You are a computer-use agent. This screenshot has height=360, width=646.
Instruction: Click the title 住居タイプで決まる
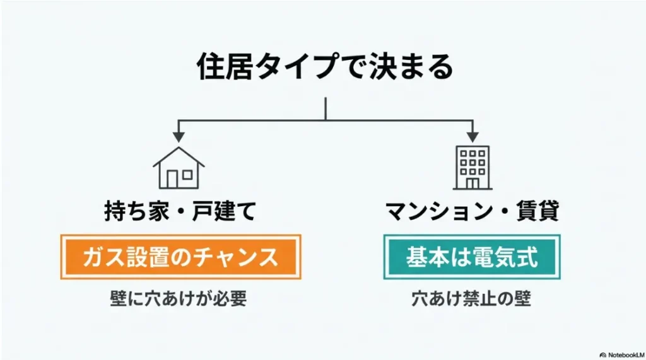(x=325, y=67)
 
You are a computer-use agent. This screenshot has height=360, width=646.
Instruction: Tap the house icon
(x=179, y=168)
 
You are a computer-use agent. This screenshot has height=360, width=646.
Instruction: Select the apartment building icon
(x=472, y=168)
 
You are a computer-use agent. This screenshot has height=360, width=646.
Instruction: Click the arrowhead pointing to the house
(x=179, y=136)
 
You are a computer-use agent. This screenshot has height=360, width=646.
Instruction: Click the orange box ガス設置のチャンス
(x=180, y=257)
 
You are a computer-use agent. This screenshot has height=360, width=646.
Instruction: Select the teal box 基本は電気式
(x=472, y=257)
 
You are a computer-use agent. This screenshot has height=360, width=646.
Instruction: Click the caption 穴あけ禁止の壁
(x=472, y=299)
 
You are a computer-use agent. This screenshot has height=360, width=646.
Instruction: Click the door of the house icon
(x=172, y=179)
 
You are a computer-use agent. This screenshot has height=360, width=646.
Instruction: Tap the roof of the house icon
(x=179, y=155)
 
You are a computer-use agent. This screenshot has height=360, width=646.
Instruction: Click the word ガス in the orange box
(x=100, y=257)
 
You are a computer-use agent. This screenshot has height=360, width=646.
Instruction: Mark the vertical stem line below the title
(x=326, y=108)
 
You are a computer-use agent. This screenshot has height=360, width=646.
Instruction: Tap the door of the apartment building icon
(x=472, y=183)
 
